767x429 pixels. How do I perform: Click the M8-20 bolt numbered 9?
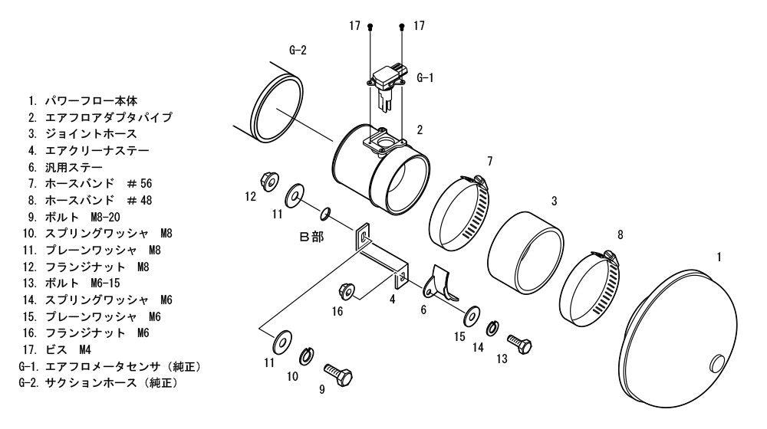pos(338,374)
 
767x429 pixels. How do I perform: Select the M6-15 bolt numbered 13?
pos(519,344)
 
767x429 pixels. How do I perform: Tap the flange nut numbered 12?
pos(269,182)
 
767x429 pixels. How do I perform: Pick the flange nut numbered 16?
pos(347,291)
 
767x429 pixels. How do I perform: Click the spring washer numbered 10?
pos(307,355)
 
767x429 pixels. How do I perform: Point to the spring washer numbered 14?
pos(492,329)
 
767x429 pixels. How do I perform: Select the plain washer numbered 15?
pos(472,315)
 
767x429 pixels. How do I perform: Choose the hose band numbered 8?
pos(589,288)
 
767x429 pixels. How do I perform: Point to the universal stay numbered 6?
pos(439,284)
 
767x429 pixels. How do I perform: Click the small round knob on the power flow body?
pos(717,364)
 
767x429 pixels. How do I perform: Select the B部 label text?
pos(311,237)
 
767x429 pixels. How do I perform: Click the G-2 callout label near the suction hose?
pos(298,51)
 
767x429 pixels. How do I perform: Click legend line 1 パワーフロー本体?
pos(83,100)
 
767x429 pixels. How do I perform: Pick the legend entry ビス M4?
pos(57,349)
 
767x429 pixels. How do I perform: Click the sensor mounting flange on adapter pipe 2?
pos(384,141)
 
